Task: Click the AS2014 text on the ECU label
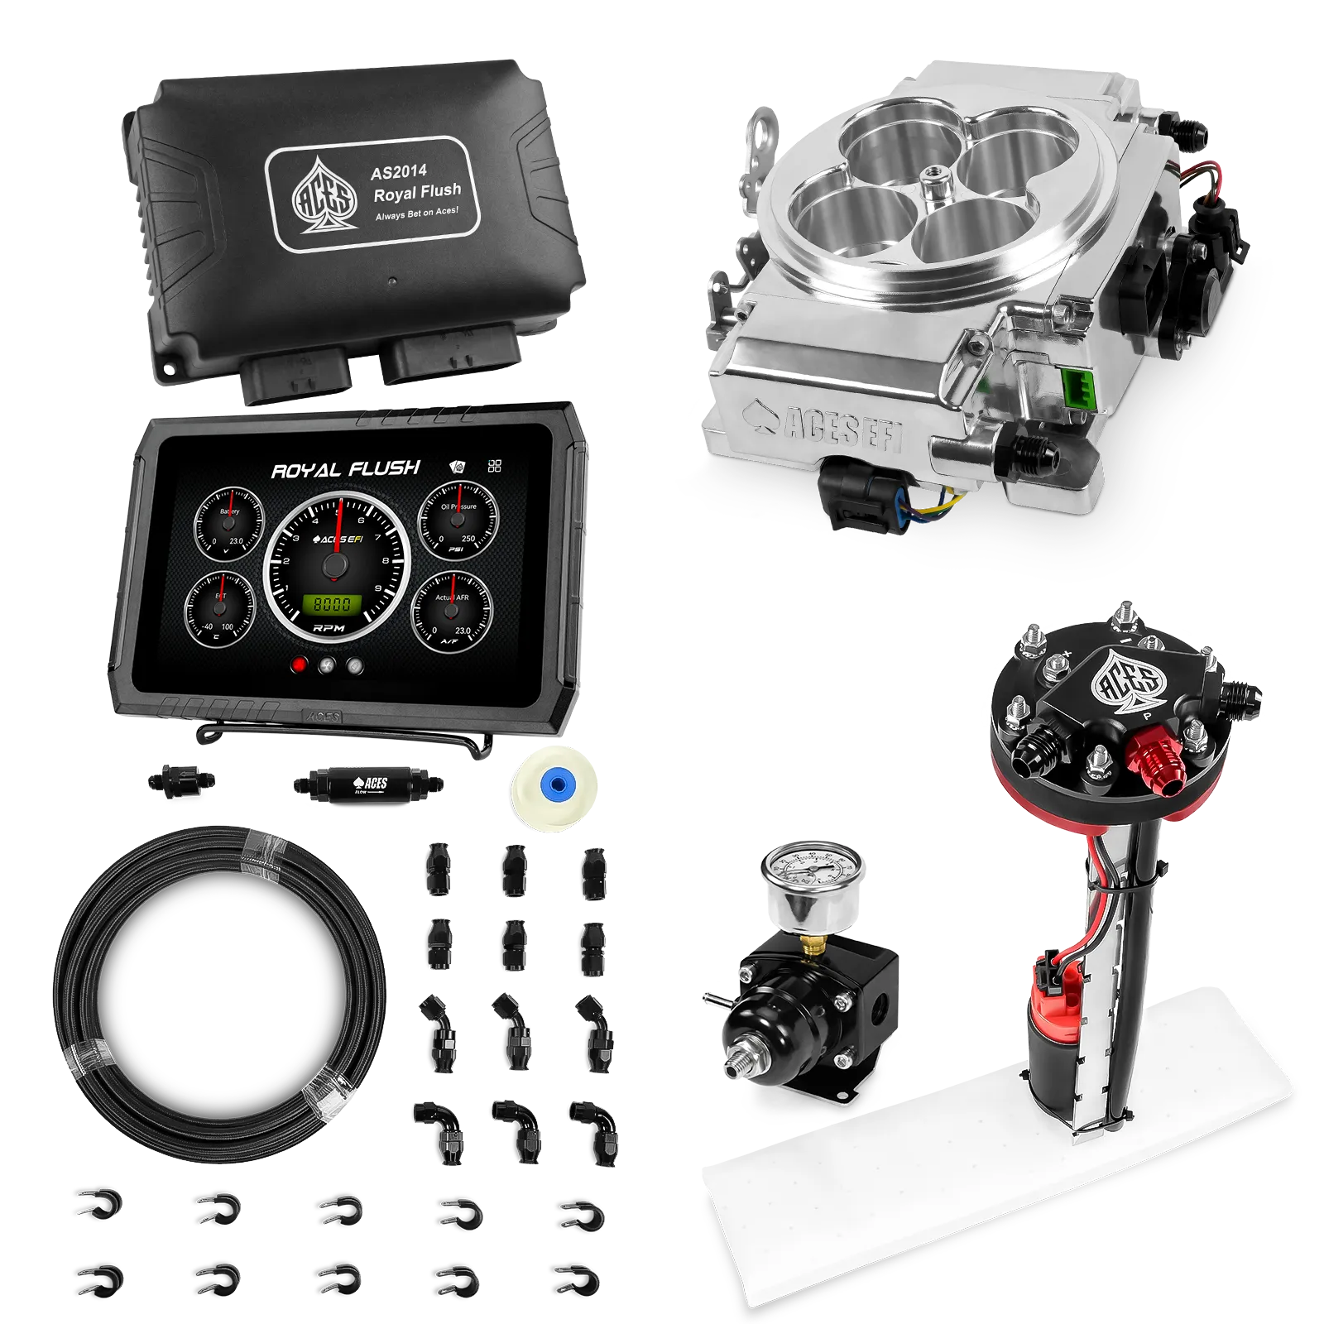(399, 171)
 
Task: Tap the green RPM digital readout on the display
(332, 604)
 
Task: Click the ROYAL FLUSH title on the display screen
(345, 469)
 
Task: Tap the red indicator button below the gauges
(300, 664)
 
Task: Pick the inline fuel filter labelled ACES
(367, 782)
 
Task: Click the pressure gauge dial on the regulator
(813, 875)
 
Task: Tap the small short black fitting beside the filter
(181, 781)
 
